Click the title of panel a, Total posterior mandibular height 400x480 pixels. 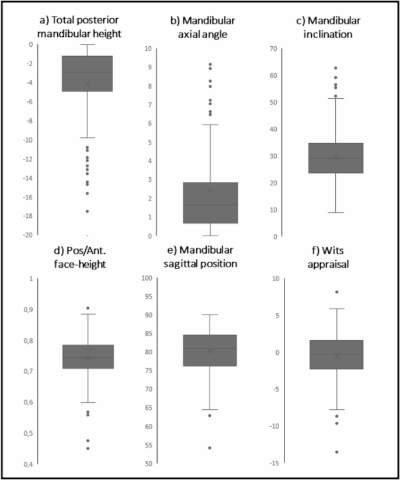(x=79, y=27)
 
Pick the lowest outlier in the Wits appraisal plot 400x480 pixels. (x=337, y=452)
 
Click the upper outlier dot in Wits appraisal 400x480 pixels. (x=337, y=292)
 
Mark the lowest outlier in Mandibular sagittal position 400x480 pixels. (x=210, y=448)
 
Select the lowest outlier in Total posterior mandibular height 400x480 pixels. (x=88, y=211)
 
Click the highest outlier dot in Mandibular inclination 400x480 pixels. (x=335, y=68)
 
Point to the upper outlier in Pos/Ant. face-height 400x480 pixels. (x=88, y=308)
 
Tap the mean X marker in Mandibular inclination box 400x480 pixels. (x=335, y=157)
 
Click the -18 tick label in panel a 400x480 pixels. (x=26, y=216)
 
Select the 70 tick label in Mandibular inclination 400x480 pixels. (x=272, y=49)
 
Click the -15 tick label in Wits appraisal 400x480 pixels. (x=272, y=464)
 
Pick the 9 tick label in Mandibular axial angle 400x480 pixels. (x=150, y=68)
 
